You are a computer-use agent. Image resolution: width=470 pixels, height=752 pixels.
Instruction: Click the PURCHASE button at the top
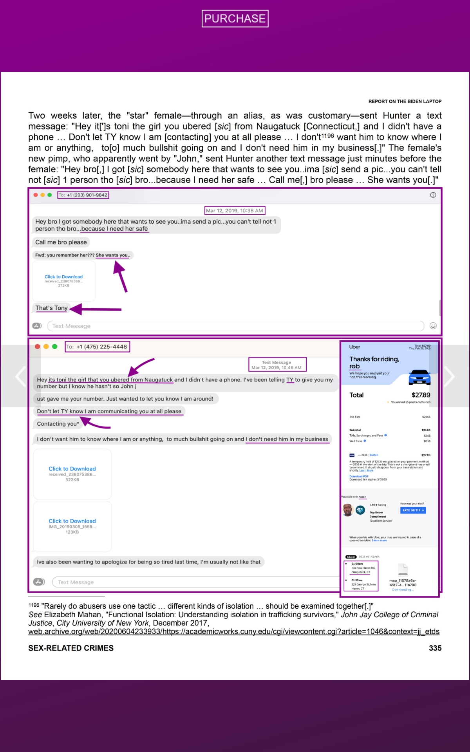tap(235, 18)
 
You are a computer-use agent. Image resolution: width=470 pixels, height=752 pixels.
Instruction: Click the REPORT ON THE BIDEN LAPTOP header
tap(405, 101)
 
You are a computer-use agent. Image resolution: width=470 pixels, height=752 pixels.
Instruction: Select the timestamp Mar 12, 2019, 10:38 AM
tap(235, 211)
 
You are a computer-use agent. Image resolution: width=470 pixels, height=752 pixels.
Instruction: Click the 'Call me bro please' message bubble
tap(61, 242)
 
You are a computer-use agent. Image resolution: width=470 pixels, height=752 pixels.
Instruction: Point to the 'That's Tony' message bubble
tap(52, 308)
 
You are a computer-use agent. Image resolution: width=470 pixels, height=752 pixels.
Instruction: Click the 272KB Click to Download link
tap(63, 277)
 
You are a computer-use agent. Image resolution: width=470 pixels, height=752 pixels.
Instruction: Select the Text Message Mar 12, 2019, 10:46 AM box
tap(277, 365)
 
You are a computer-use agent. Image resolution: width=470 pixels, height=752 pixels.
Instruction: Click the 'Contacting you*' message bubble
tap(58, 424)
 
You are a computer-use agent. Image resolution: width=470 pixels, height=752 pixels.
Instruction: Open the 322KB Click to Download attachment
tap(72, 469)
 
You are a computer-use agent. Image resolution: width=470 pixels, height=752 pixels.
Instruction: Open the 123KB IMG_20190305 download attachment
tap(72, 521)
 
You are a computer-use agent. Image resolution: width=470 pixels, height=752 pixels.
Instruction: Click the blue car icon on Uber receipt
tap(419, 377)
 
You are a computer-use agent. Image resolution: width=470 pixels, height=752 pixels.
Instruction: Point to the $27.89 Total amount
tap(421, 395)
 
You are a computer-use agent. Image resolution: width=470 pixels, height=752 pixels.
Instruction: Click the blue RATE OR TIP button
tap(413, 510)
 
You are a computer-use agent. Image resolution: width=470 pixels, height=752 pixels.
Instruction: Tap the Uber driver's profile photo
tap(347, 510)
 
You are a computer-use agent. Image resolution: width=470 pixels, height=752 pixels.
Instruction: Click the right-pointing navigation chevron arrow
tap(449, 376)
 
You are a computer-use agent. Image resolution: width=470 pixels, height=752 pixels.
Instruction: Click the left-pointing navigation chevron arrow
tap(20, 376)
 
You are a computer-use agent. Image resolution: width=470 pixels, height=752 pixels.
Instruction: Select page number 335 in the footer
tap(435, 648)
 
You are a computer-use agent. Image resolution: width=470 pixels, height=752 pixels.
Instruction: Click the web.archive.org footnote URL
tap(233, 632)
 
